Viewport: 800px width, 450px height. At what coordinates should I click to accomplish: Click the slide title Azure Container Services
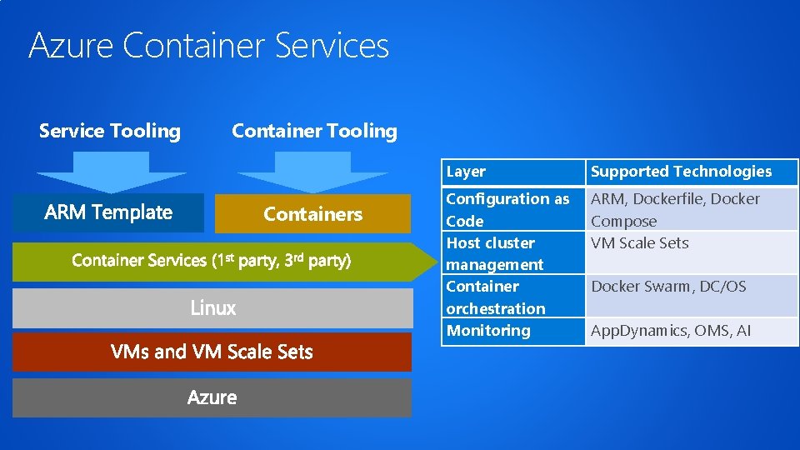pos(208,45)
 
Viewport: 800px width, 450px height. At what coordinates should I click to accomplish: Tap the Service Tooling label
pos(110,131)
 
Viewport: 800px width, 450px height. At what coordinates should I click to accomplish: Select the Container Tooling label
pos(314,131)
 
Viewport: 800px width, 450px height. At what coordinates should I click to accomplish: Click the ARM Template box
pos(107,212)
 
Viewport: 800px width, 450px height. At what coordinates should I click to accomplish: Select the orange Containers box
pos(312,214)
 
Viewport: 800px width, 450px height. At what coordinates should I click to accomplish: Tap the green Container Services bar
pos(212,261)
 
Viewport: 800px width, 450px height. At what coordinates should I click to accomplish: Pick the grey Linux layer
pos(212,308)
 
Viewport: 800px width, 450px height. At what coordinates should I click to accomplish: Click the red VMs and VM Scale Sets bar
pos(212,352)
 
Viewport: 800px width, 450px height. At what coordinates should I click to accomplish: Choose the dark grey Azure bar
pos(212,397)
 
